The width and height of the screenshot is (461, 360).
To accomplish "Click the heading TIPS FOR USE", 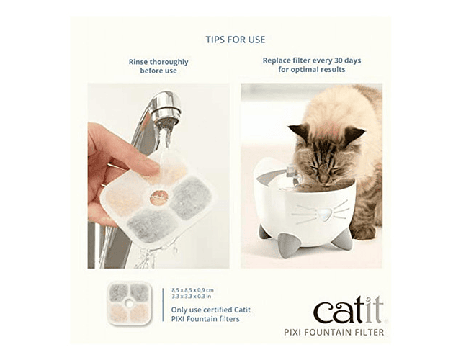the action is (x=236, y=40).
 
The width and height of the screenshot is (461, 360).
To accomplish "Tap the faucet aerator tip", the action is (x=166, y=121).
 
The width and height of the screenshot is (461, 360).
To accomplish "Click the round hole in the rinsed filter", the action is (x=159, y=197).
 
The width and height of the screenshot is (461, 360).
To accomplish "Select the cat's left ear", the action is (x=300, y=132).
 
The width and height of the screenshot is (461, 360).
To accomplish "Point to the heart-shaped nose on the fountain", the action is (x=323, y=215).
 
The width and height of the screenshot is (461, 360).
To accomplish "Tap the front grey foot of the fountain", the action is (x=289, y=246).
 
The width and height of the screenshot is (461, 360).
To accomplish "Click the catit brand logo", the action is (x=349, y=310).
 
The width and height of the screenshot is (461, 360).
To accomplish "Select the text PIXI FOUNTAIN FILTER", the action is (x=334, y=333).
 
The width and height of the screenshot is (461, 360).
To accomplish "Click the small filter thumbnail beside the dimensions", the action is (x=129, y=303).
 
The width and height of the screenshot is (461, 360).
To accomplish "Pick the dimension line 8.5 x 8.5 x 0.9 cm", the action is (x=192, y=290).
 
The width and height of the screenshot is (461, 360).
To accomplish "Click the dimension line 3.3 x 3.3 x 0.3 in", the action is (x=192, y=296).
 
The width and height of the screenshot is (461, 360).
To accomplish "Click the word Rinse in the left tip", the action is (x=138, y=62).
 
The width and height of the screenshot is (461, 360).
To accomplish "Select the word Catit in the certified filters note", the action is (x=242, y=310).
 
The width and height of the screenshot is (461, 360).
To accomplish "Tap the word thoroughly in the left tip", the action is (x=169, y=63).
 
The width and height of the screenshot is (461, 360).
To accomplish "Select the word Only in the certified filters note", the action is (x=178, y=310).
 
